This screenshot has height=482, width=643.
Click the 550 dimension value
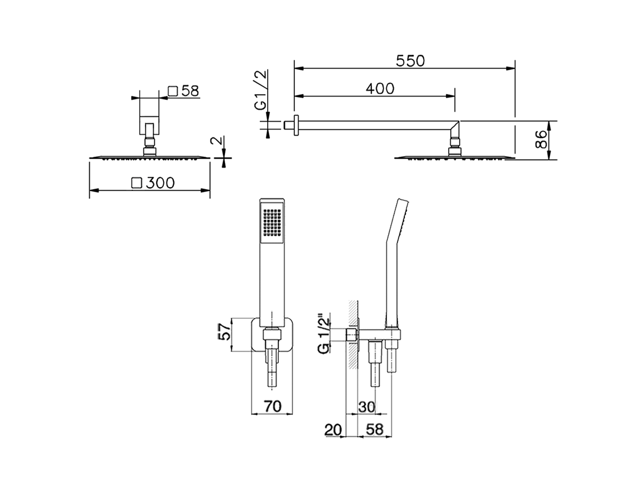click(410, 61)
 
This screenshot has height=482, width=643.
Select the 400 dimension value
click(380, 88)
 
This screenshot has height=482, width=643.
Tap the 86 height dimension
click(541, 140)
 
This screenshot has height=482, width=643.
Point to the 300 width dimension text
click(160, 183)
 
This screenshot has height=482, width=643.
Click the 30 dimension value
click(367, 407)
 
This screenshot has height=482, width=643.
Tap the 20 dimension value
click(333, 430)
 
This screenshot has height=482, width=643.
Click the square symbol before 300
click(136, 183)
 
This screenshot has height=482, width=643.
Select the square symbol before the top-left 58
click(173, 91)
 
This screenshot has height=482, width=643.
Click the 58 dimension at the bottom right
click(375, 430)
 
